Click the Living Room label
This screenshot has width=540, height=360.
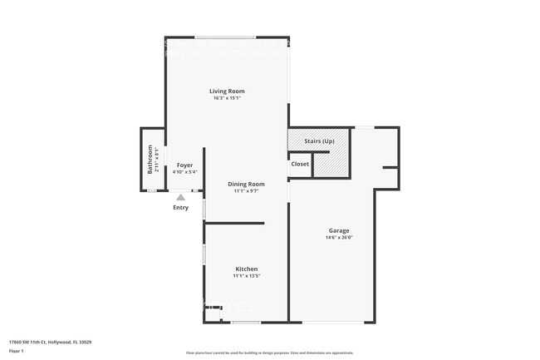click(226, 91)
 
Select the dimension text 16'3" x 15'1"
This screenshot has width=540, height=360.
click(226, 98)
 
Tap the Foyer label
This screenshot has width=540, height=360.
click(184, 165)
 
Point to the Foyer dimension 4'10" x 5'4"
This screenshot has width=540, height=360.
click(184, 173)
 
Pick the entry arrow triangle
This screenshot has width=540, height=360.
click(181, 197)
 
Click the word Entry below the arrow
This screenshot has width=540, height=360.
click(181, 207)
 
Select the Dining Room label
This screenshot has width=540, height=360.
click(247, 184)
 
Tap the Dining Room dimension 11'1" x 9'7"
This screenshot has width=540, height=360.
click(247, 191)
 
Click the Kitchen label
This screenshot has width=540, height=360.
click(247, 269)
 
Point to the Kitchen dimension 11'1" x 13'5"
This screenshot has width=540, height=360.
click(247, 276)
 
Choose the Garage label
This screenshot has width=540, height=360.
click(338, 230)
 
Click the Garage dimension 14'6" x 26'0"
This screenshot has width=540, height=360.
click(338, 238)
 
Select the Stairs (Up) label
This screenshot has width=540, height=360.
click(320, 141)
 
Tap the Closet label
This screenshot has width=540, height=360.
click(300, 164)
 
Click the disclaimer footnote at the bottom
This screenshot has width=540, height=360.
click(269, 353)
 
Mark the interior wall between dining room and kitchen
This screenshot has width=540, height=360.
click(234, 223)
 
